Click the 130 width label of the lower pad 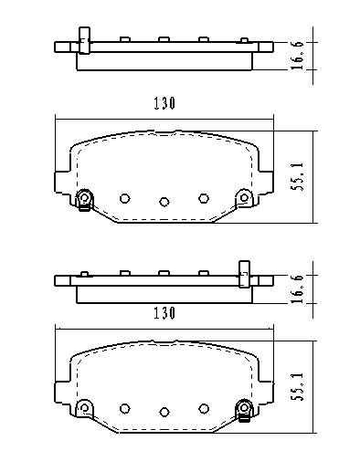164,312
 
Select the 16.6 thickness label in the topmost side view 323,53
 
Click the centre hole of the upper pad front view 164,202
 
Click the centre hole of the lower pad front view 164,412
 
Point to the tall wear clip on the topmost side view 83,40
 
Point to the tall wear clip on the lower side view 244,272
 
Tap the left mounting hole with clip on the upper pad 85,198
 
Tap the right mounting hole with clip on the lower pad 244,408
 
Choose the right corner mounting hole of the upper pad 244,196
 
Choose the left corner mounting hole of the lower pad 84,406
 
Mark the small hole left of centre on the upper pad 125,197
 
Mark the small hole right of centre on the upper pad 204,197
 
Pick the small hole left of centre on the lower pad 125,407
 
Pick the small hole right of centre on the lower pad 204,407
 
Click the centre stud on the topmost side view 162,39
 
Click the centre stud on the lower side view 162,272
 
